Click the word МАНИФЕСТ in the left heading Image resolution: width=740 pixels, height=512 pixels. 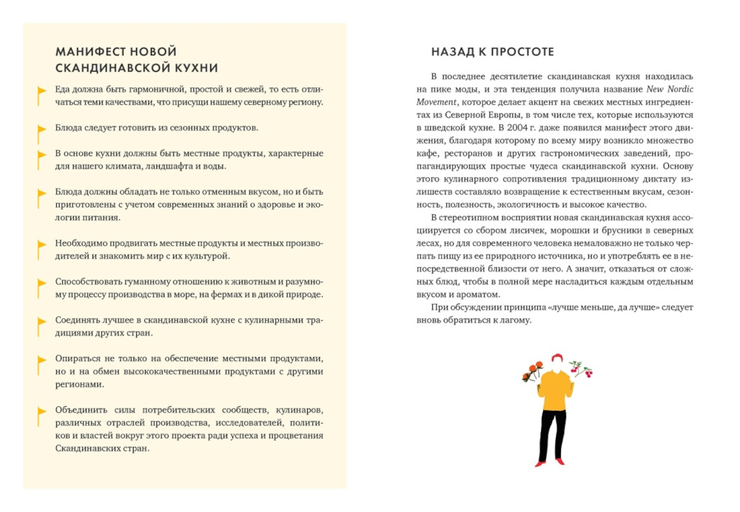coord(84,52)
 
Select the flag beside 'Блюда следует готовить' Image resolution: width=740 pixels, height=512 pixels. coord(41,131)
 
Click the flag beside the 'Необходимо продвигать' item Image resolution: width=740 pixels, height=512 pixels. coord(41,246)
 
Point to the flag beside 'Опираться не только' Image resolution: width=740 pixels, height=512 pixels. coord(41,361)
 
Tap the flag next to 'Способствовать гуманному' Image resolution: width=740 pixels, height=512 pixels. coord(41,284)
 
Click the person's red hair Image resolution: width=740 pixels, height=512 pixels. coord(556,359)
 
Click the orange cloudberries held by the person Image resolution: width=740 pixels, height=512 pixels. coord(532,369)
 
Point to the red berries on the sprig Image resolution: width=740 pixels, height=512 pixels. coord(587,373)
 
